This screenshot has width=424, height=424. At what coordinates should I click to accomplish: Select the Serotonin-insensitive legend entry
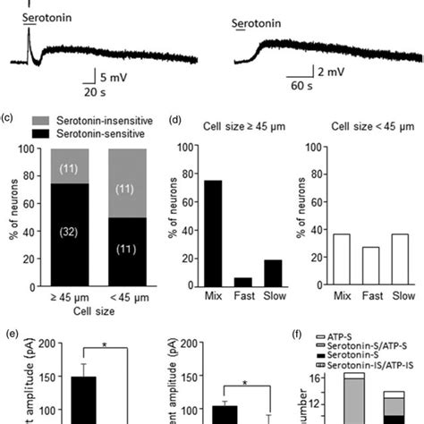coord(86,119)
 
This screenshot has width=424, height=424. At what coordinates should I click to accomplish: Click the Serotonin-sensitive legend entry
coord(82,132)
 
